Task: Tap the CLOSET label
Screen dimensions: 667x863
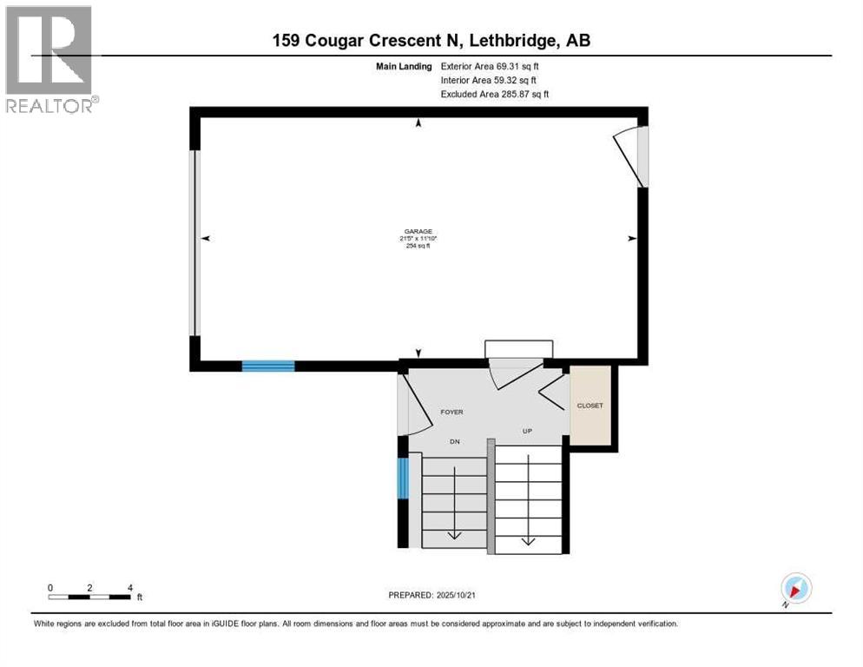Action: [x=590, y=406]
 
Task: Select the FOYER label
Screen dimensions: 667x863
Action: [x=451, y=413]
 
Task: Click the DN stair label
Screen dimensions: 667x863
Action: [x=454, y=442]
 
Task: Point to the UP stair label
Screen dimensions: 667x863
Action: [x=527, y=432]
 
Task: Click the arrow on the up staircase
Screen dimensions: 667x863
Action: [x=527, y=540]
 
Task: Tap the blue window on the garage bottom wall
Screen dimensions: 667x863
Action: [x=267, y=366]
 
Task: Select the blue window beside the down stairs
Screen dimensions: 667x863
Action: [x=402, y=479]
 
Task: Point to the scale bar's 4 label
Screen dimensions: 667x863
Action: [x=130, y=588]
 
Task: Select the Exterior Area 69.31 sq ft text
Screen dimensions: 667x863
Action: [x=494, y=66]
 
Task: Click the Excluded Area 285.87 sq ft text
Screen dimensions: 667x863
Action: [x=494, y=94]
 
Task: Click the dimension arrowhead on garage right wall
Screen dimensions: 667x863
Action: [x=629, y=238]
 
